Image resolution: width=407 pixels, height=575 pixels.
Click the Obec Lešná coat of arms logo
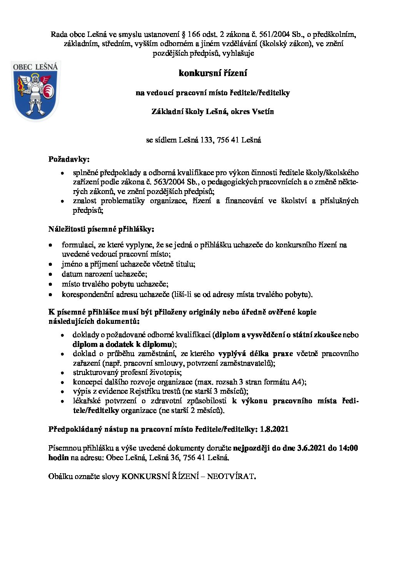35,91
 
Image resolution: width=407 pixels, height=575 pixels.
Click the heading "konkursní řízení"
213,73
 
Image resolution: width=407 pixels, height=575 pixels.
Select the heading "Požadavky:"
69,159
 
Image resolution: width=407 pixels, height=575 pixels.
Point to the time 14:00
349,448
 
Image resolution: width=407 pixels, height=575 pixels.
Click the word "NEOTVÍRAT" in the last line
230,477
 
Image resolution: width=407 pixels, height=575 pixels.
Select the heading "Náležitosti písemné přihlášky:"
101,229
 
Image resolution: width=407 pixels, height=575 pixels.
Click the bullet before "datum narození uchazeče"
50,275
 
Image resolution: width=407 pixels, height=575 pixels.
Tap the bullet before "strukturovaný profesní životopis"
62,373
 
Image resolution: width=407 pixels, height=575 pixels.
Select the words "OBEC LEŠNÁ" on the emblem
35,67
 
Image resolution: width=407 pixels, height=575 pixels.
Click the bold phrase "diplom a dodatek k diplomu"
122,344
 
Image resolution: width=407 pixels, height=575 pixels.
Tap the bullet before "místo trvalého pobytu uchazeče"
50,285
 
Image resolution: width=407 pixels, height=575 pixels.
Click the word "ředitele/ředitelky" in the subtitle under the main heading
260,93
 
